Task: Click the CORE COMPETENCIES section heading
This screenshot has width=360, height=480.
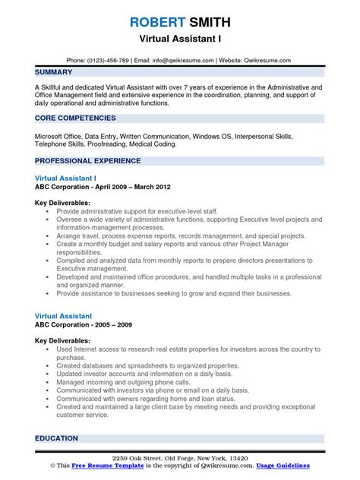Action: point(75,118)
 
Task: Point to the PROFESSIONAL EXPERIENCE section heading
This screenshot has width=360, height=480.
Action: point(88,161)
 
